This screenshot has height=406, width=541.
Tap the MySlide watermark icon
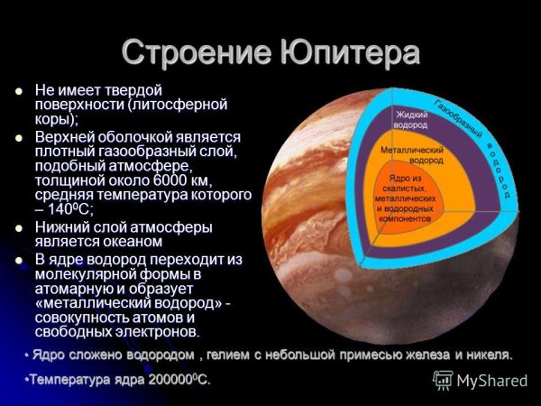click(443, 380)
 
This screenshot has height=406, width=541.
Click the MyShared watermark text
click(491, 381)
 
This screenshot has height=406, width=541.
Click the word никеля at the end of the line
click(490, 354)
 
